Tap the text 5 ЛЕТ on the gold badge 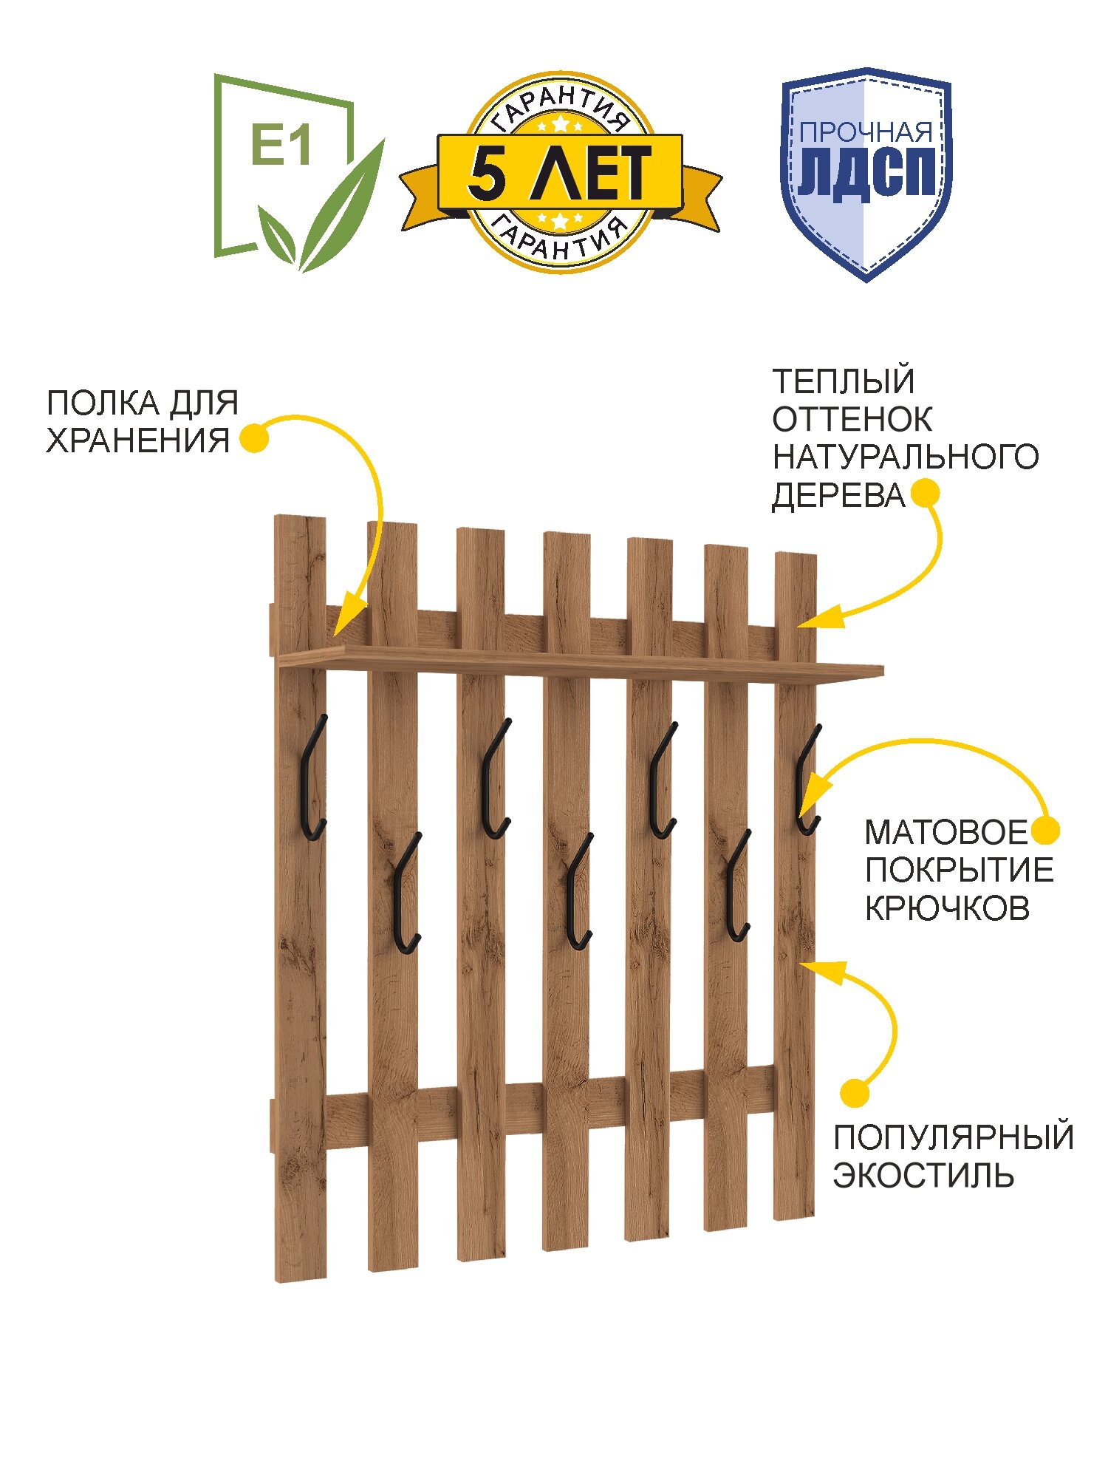(x=559, y=173)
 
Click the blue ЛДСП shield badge (x=866, y=174)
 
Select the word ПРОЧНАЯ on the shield (x=866, y=133)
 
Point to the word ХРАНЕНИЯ (x=138, y=440)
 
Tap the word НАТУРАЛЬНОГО (x=906, y=457)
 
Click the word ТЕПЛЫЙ (x=844, y=381)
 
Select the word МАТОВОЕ (x=946, y=832)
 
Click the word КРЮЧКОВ (x=947, y=908)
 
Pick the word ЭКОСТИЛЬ (x=923, y=1176)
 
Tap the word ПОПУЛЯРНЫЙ (x=953, y=1137)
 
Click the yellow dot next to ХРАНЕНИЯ (x=255, y=437)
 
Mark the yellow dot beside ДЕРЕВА (x=926, y=493)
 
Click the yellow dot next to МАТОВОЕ (x=1045, y=830)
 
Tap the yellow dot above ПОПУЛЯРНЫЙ (x=855, y=1093)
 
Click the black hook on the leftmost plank (x=312, y=780)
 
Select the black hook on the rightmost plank (x=807, y=782)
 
